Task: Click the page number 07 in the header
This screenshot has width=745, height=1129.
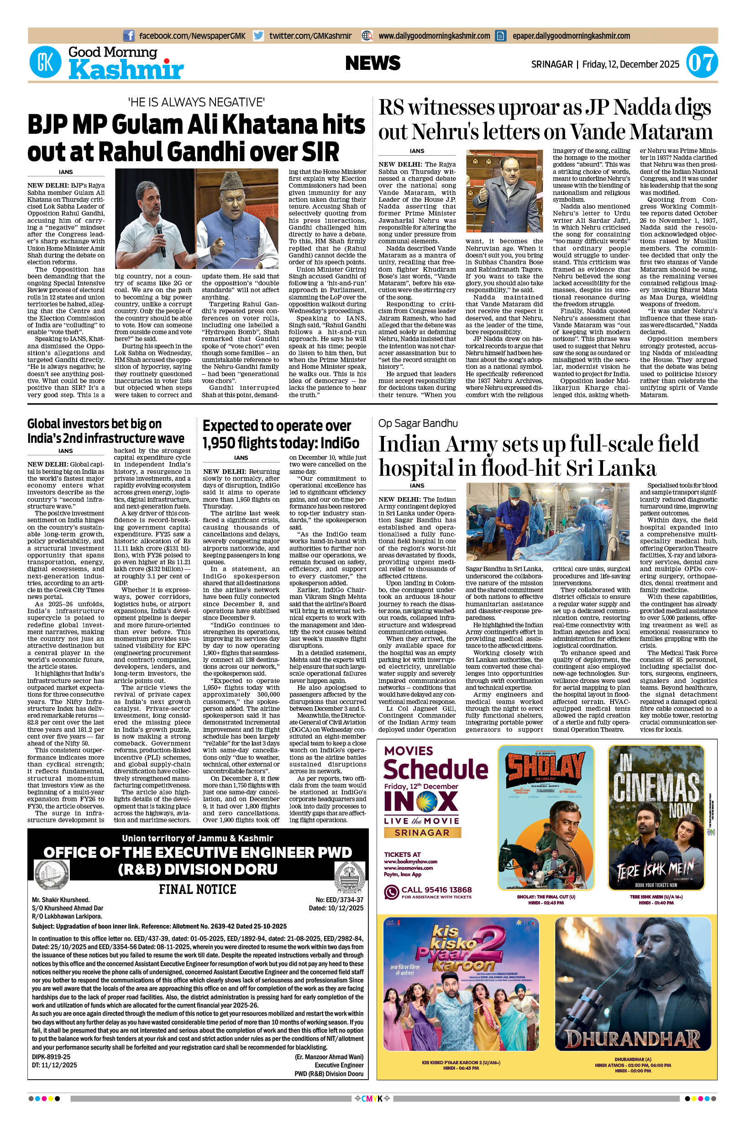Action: tap(701, 63)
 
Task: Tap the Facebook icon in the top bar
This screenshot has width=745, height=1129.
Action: tap(128, 36)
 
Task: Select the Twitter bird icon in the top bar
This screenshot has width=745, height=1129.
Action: tap(258, 36)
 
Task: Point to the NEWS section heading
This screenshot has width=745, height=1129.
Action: tap(372, 63)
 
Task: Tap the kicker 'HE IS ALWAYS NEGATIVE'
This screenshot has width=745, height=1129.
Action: tap(196, 102)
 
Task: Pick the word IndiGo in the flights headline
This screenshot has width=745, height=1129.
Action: tap(340, 443)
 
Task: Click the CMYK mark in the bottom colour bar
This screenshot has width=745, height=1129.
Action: tap(372, 1108)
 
